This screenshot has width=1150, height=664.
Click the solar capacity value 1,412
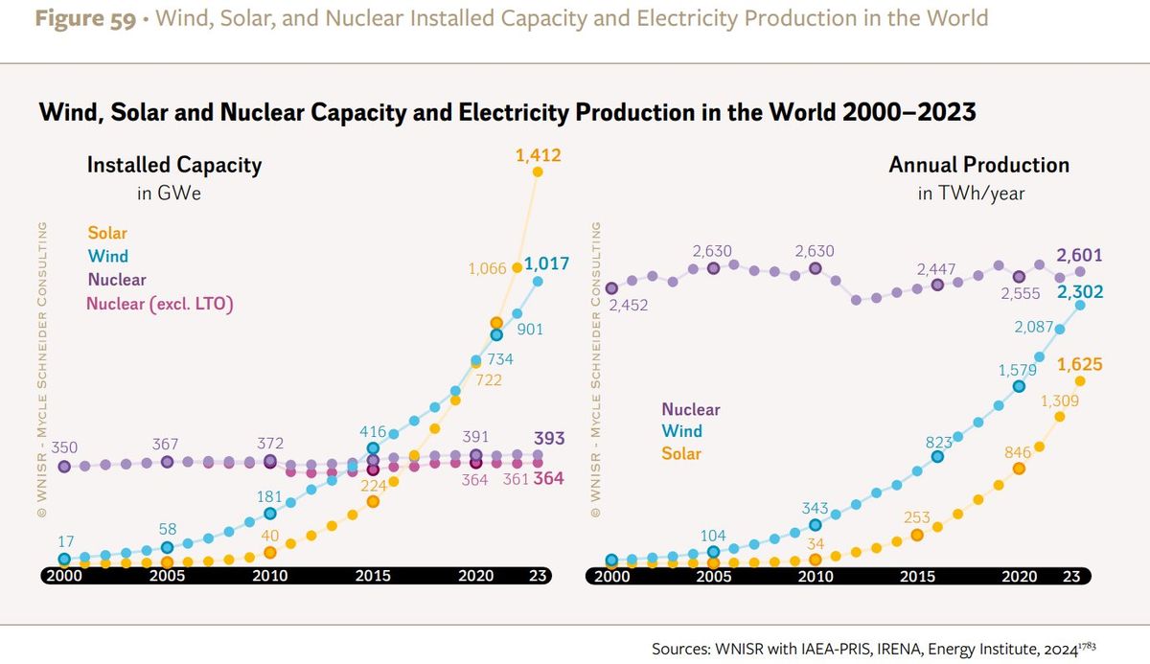click(x=538, y=155)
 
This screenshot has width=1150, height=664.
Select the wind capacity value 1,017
click(x=546, y=263)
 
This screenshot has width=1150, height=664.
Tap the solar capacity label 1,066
click(x=487, y=268)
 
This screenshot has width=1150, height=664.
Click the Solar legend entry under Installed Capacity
click(x=107, y=233)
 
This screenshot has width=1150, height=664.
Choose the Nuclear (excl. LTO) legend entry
click(x=160, y=304)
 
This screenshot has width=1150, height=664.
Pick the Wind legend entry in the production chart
click(x=681, y=431)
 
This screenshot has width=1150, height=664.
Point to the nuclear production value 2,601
click(x=1079, y=256)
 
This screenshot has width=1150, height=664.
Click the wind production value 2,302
click(x=1079, y=292)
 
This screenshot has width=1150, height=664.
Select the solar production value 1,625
click(x=1079, y=364)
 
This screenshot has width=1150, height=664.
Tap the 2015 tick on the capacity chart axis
click(x=373, y=576)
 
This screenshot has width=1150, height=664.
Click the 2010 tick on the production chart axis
click(x=816, y=576)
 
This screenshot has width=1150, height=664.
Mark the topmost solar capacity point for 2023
click(x=538, y=172)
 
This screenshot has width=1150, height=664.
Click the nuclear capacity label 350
click(x=64, y=446)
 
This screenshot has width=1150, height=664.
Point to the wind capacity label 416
click(x=373, y=431)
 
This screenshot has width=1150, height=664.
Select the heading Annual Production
click(x=978, y=165)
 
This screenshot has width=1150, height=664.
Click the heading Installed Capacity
click(x=174, y=165)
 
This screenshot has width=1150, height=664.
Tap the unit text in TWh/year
click(x=970, y=194)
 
